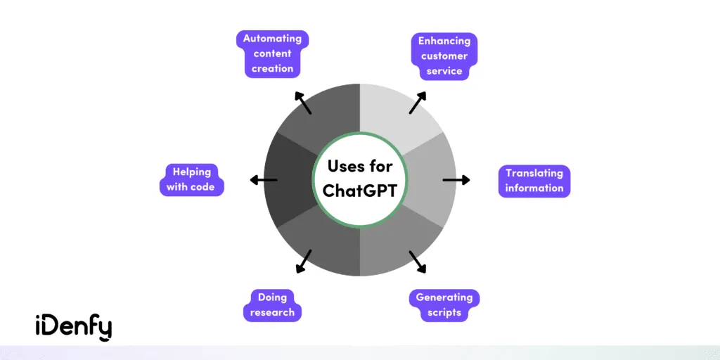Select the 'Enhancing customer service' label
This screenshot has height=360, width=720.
(444, 56)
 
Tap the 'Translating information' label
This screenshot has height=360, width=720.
(534, 181)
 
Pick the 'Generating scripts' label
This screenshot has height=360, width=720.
(444, 305)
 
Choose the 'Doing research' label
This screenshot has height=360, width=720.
(272, 305)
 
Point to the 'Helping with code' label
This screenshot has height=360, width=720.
(191, 179)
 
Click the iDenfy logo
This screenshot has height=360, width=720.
(73, 326)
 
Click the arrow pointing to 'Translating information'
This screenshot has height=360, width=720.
(456, 180)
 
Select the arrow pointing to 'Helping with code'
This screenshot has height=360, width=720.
(264, 180)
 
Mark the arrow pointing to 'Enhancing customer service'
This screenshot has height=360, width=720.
(417, 103)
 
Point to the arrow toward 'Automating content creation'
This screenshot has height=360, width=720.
(303, 103)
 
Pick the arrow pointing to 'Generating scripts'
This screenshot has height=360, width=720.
(417, 261)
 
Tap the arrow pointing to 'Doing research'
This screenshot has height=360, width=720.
(304, 261)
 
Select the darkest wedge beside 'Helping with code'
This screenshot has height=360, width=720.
(290, 180)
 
